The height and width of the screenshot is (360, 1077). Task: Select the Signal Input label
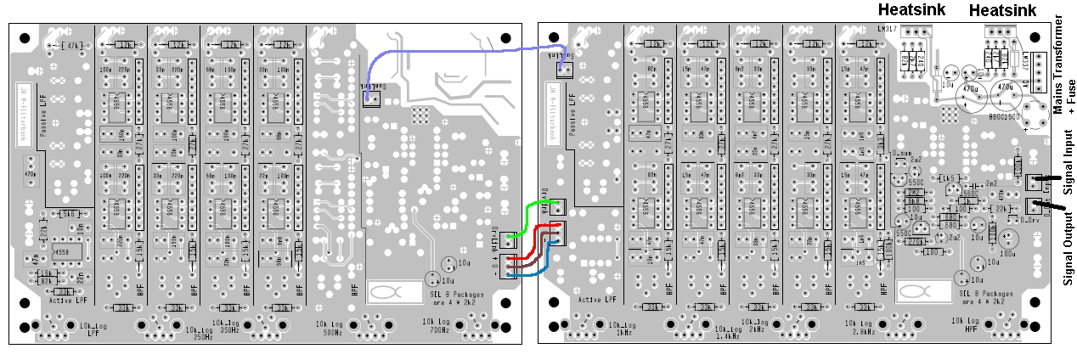[x=1067, y=161]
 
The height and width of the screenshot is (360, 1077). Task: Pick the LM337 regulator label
[x=1026, y=62]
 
